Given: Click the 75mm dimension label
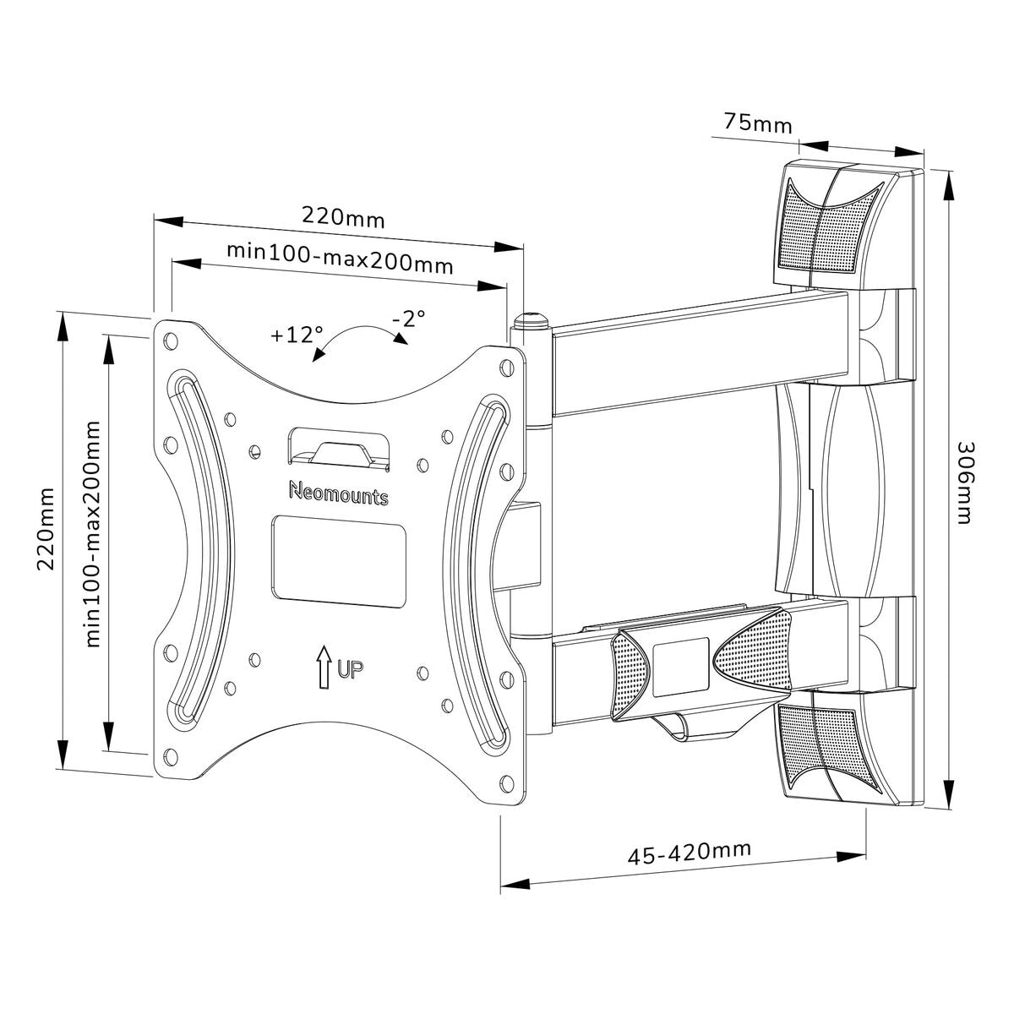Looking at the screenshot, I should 757,123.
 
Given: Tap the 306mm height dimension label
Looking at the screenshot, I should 964,482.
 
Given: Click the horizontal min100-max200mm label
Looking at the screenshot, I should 340,257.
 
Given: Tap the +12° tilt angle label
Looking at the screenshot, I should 297,334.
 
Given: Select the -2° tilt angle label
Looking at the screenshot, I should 409,319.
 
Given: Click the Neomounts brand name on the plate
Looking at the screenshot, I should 338,493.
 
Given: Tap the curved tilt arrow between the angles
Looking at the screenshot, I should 359,341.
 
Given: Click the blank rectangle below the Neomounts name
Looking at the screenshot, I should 338,560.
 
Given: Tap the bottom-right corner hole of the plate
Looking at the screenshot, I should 506,782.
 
